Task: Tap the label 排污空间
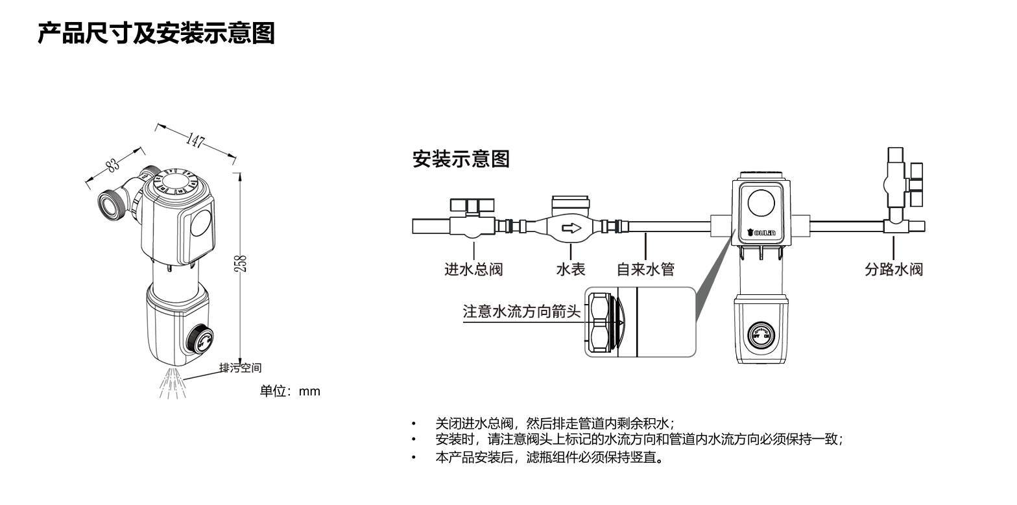[240, 368]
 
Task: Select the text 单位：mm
[290, 391]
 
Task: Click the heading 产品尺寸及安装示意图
[156, 32]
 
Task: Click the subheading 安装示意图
[461, 159]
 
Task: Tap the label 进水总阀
[473, 268]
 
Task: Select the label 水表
[571, 268]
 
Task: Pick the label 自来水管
[645, 268]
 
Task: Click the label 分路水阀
[893, 268]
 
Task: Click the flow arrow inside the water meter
[571, 228]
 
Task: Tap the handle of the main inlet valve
[473, 206]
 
